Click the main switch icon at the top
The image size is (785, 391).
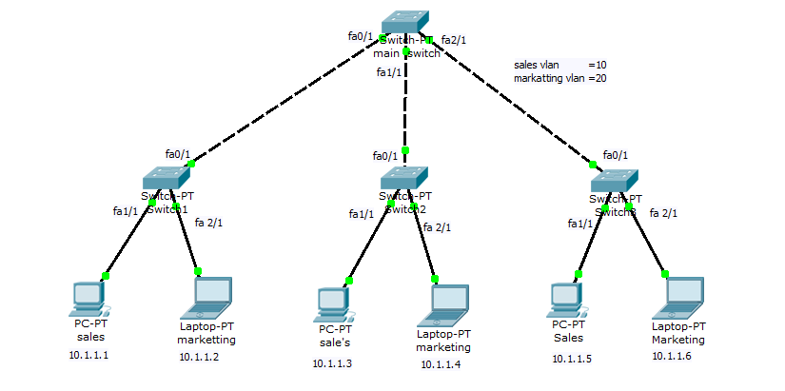tap(405, 24)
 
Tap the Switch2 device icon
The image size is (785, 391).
tap(404, 177)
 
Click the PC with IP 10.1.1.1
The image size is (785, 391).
tap(88, 299)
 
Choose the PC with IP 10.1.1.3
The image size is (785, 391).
tap(332, 303)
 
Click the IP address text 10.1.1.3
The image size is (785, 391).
tap(333, 363)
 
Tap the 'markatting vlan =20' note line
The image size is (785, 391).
tap(559, 78)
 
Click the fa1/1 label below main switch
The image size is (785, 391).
tap(388, 72)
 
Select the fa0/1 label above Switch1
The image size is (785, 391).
tap(178, 153)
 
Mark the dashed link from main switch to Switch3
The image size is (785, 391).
tap(514, 101)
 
